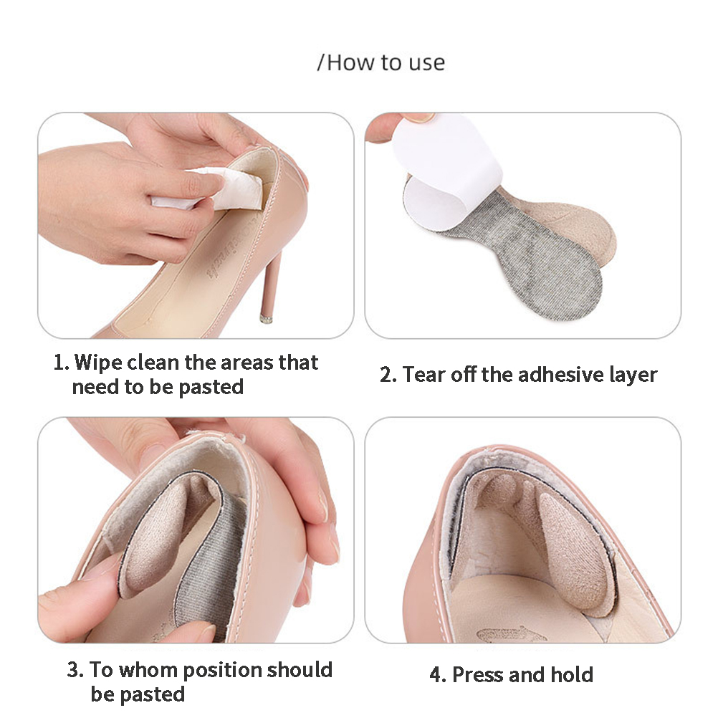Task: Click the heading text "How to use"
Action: click(x=386, y=63)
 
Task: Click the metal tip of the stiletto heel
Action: click(x=266, y=319)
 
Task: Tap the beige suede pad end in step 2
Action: click(x=573, y=224)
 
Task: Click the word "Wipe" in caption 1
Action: click(x=98, y=363)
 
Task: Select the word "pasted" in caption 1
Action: click(x=211, y=388)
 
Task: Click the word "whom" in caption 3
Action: click(x=147, y=670)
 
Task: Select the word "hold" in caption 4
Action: click(x=572, y=675)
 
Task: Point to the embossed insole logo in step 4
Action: click(x=512, y=635)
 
